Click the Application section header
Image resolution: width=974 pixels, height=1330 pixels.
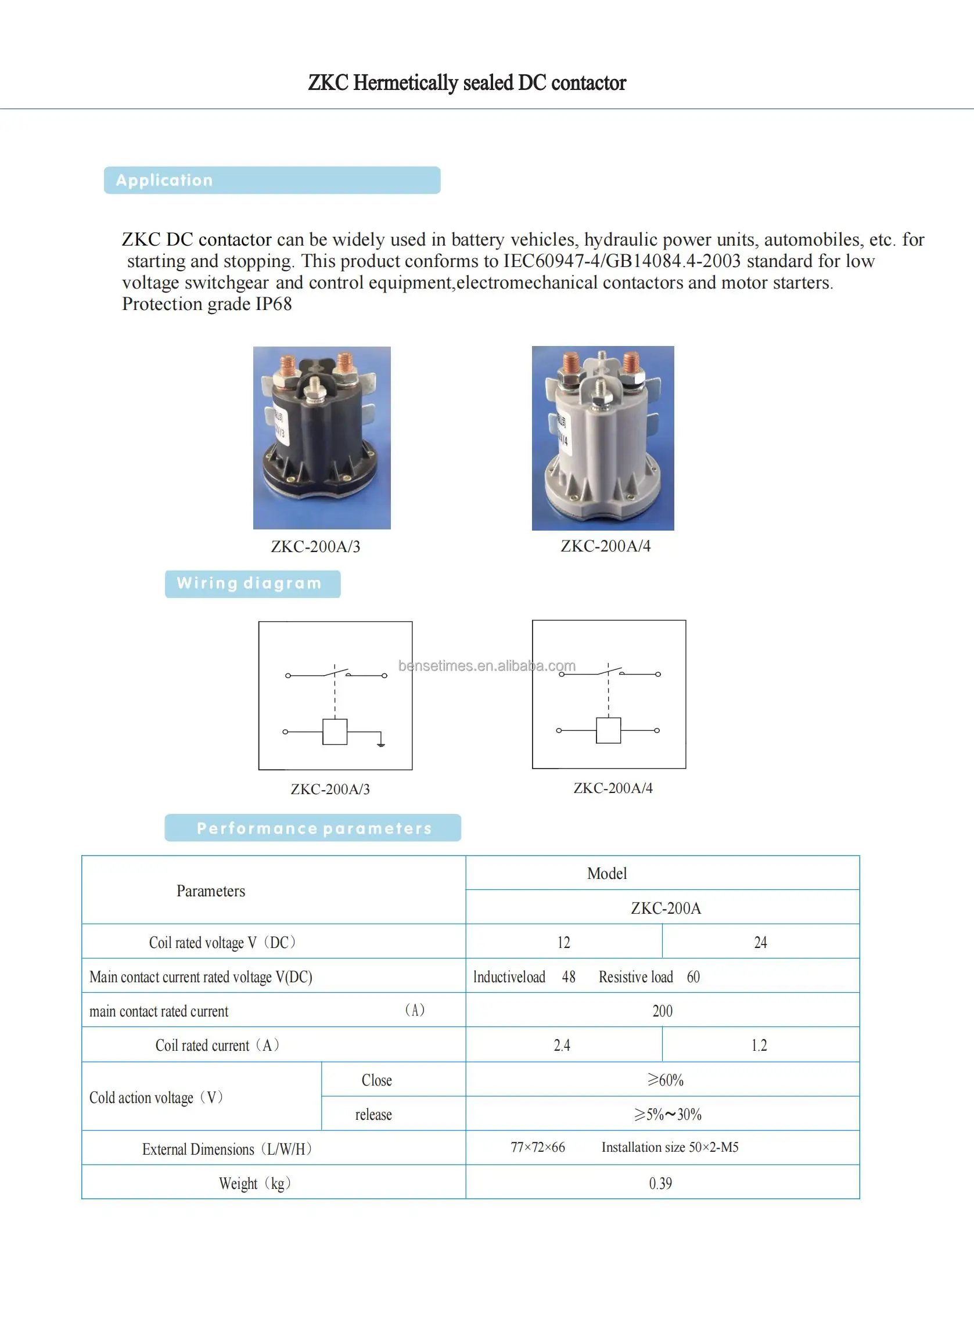click(x=272, y=181)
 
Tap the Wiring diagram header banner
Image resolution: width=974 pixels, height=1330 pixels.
click(x=252, y=583)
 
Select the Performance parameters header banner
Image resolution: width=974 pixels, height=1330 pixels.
click(x=312, y=828)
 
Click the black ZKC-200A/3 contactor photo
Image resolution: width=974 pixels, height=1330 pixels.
click(x=322, y=437)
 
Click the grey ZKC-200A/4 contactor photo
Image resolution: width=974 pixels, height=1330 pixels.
click(x=602, y=437)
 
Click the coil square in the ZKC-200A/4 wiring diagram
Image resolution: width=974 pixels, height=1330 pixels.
click(x=609, y=731)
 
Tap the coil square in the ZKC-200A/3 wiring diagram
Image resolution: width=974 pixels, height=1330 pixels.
click(x=335, y=732)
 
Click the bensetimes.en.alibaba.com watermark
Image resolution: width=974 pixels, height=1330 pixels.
click(x=486, y=666)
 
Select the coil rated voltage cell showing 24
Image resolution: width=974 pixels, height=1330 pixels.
click(x=761, y=942)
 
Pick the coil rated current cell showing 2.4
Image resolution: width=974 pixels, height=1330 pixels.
click(x=562, y=1046)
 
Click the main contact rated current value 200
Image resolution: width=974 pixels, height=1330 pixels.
click(x=662, y=1011)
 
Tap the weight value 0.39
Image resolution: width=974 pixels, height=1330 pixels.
click(x=660, y=1183)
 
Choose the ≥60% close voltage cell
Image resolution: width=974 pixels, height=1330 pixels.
click(x=665, y=1080)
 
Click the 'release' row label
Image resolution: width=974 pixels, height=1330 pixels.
click(x=373, y=1114)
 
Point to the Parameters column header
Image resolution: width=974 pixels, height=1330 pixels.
click(x=211, y=891)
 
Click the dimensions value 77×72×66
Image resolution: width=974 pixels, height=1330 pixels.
click(x=538, y=1147)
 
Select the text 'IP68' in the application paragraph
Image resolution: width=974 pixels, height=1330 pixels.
click(x=274, y=304)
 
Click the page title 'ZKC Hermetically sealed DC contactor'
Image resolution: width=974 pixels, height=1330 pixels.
click(x=467, y=83)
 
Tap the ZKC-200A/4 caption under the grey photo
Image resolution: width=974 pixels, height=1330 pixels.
click(x=606, y=546)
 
